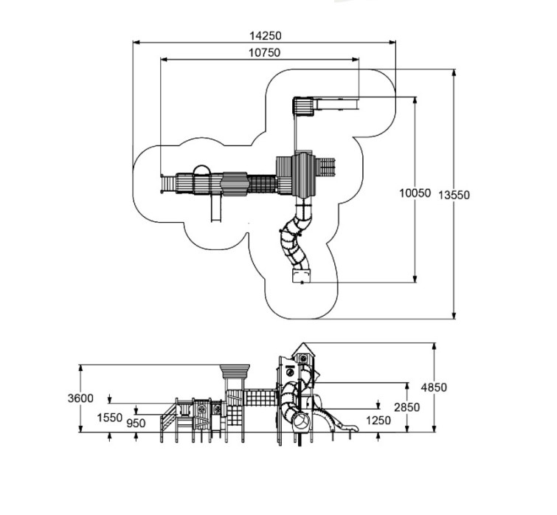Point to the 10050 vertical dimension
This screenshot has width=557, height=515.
[415, 193]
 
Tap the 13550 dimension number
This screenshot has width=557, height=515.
[454, 195]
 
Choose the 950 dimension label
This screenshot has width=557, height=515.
[136, 424]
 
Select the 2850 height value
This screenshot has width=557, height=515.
[407, 407]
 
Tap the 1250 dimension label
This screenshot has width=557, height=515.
[378, 421]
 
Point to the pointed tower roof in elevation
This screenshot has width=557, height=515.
[302, 348]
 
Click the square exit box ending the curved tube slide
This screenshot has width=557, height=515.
[301, 276]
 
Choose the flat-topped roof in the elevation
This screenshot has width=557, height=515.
[236, 370]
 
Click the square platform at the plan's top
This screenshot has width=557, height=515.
[302, 107]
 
